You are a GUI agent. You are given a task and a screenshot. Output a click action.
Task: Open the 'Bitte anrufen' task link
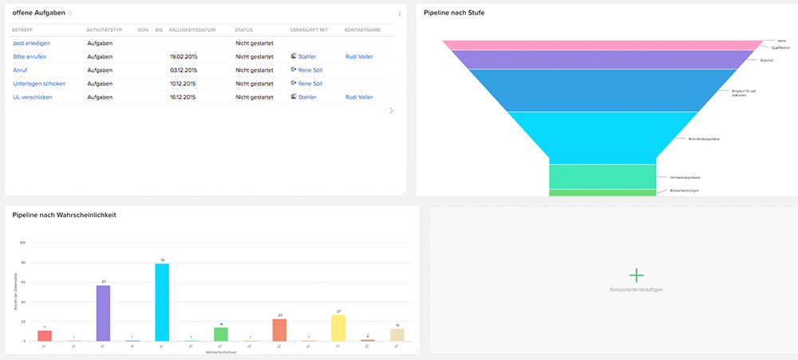(x=30, y=57)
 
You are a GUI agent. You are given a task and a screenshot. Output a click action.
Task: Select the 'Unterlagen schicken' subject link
(x=39, y=83)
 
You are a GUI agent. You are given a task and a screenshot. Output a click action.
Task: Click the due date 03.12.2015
(x=183, y=70)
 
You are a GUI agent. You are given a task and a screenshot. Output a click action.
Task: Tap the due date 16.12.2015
(x=183, y=97)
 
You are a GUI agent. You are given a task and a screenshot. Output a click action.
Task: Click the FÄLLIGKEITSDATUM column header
(x=192, y=30)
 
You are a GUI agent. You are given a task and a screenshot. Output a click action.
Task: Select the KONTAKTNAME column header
(x=361, y=30)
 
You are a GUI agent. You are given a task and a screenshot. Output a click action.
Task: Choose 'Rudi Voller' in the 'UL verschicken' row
(x=358, y=97)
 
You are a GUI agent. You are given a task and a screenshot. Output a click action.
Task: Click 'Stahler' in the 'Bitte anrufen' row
(x=306, y=57)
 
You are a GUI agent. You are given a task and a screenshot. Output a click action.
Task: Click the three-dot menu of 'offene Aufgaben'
(x=399, y=14)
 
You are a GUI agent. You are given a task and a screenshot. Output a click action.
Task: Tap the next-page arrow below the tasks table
(x=391, y=110)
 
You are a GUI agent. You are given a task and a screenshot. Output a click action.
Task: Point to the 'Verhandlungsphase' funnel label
(x=684, y=176)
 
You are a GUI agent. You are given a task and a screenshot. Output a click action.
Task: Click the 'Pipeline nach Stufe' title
(x=453, y=14)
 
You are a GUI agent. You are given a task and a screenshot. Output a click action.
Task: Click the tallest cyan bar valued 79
(x=162, y=302)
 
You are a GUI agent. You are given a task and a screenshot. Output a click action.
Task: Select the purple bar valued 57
(x=103, y=313)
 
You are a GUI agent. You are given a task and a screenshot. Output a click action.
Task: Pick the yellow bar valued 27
(x=338, y=327)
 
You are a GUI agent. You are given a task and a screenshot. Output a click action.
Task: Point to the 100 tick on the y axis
(x=22, y=243)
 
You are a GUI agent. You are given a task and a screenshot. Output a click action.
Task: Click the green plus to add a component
(x=636, y=275)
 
